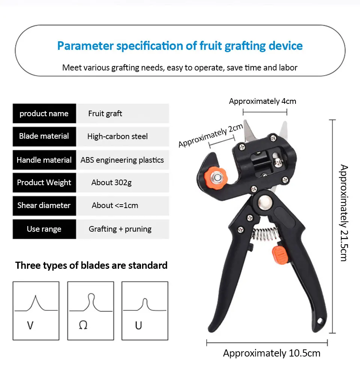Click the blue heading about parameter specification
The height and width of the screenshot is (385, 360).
click(x=180, y=46)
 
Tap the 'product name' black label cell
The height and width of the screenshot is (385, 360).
click(x=44, y=114)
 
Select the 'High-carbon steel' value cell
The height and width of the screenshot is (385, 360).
click(x=117, y=136)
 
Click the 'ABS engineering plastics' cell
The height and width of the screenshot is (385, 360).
click(x=122, y=160)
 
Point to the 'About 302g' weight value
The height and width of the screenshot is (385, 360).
click(x=111, y=183)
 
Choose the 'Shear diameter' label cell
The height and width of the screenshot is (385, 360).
click(x=44, y=205)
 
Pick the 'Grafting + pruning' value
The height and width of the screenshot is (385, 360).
click(x=120, y=229)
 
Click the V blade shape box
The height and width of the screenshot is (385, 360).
click(x=36, y=311)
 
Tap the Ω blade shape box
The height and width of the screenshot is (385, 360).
click(x=90, y=311)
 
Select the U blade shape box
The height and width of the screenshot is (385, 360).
click(x=145, y=311)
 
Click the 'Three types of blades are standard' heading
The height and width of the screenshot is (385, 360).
click(x=91, y=265)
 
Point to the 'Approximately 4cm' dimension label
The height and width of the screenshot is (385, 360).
click(x=262, y=101)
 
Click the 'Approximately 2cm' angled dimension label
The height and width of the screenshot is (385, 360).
click(x=210, y=135)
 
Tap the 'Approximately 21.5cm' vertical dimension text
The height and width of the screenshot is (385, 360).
click(x=344, y=213)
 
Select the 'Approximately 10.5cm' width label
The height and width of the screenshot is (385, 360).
click(x=271, y=353)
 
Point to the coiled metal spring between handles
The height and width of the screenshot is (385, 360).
click(x=265, y=234)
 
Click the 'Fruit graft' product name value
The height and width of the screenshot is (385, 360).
click(x=105, y=114)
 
